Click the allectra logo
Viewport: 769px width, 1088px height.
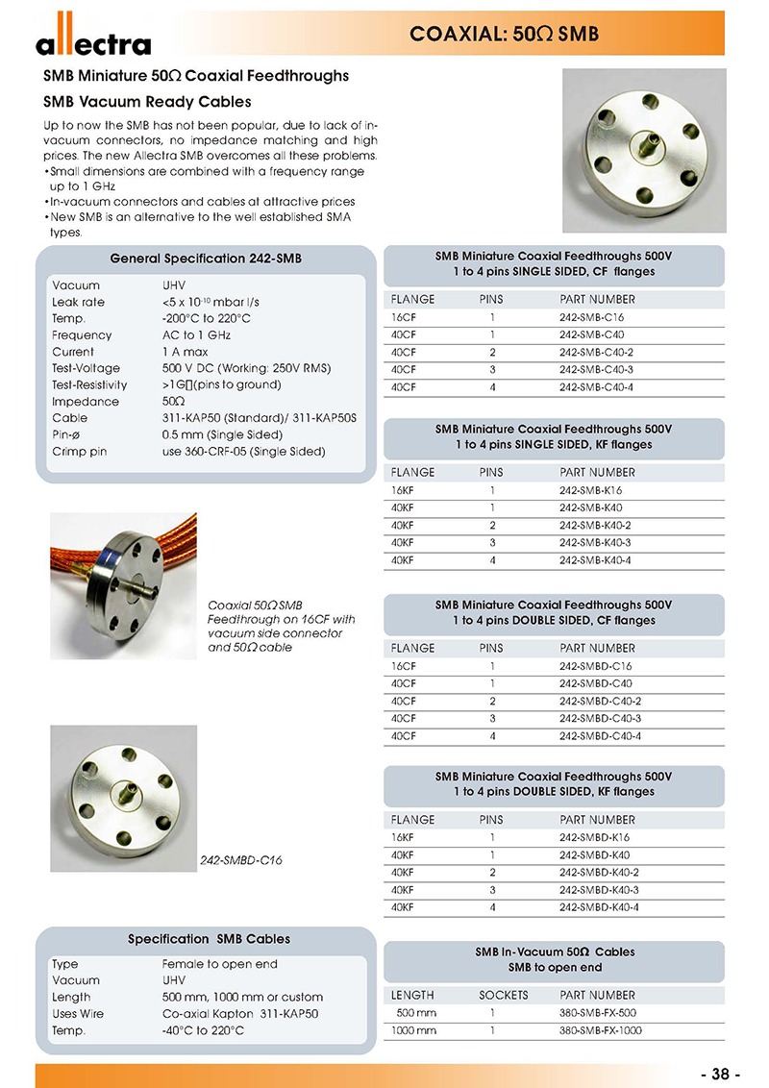(93, 41)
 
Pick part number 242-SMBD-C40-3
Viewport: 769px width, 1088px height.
(600, 719)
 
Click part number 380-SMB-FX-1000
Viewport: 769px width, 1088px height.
(601, 1031)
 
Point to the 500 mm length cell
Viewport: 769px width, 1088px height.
(415, 1013)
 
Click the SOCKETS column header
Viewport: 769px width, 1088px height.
(503, 995)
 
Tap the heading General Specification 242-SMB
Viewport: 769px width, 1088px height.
(205, 260)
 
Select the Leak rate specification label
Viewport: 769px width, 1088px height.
(78, 302)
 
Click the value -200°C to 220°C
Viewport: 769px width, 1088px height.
(206, 319)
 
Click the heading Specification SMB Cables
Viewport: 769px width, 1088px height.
(209, 938)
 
